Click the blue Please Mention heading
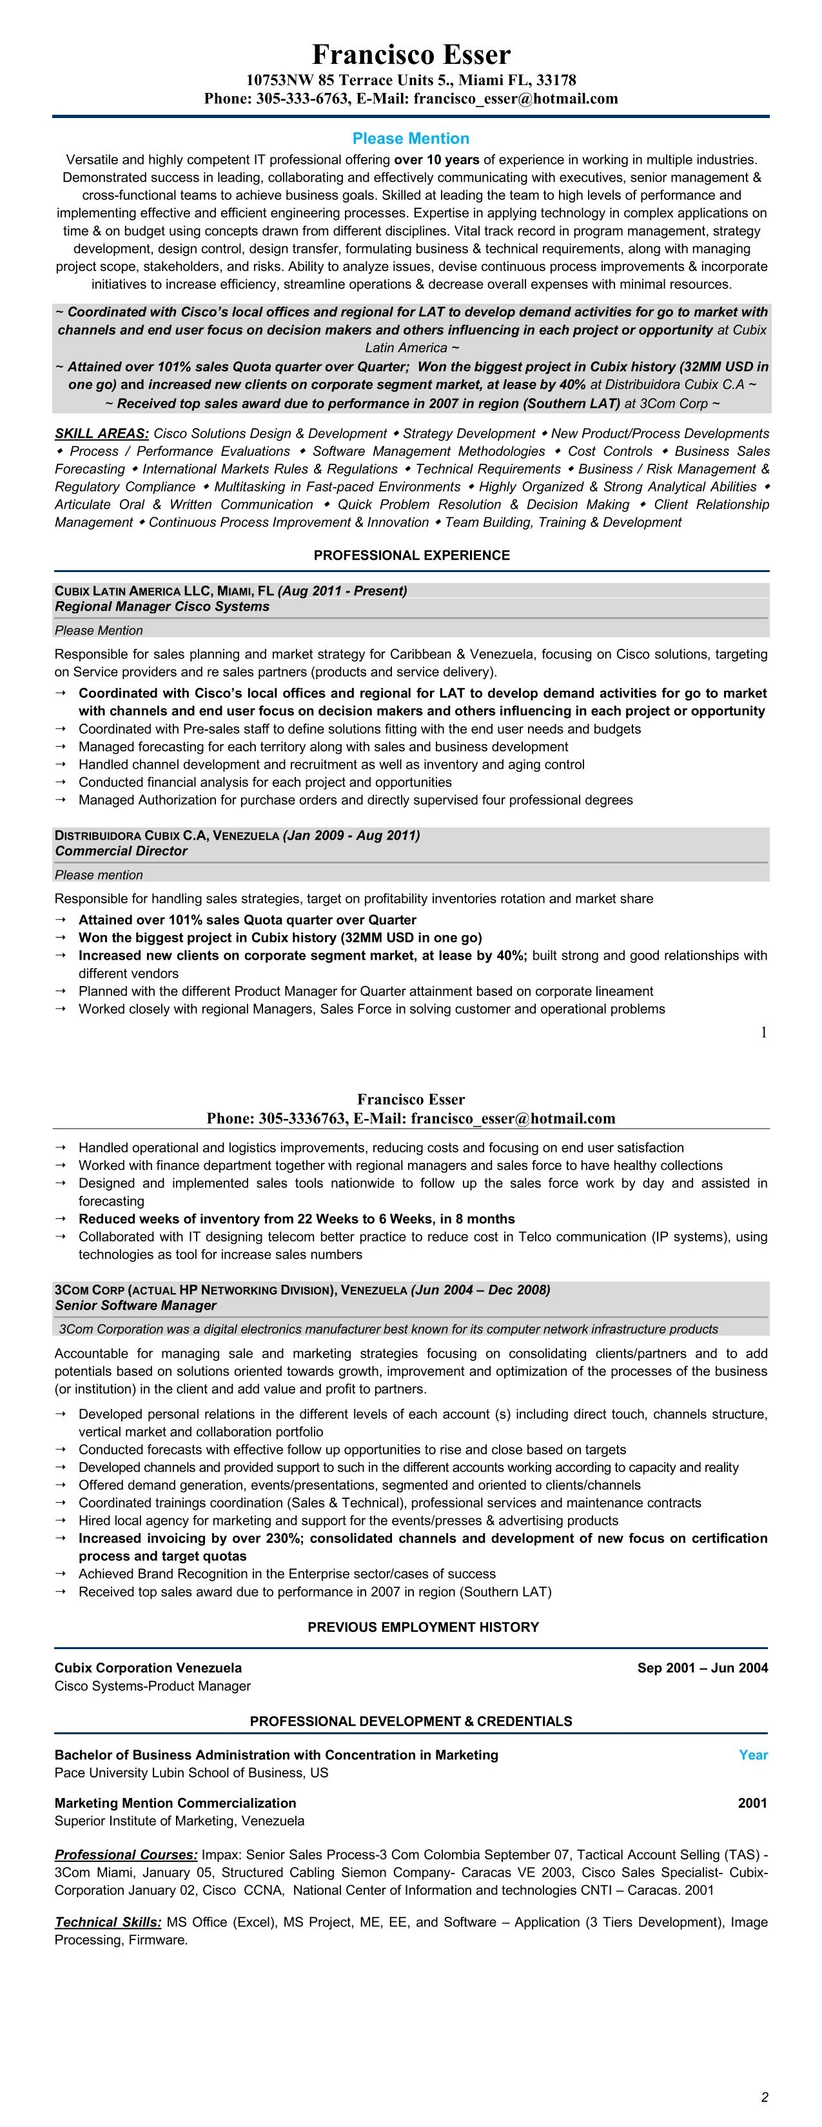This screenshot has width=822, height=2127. coord(410,139)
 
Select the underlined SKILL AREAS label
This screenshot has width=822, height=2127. coord(101,433)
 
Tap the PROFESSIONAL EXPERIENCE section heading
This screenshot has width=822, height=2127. coord(411,556)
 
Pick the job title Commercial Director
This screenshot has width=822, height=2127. coord(121,851)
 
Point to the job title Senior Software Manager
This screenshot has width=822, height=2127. coord(135,1305)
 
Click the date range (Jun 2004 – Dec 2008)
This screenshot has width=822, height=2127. coord(480,1290)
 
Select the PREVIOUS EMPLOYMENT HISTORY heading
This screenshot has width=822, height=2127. coord(422,1627)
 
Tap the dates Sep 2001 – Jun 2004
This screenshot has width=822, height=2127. coord(701,1668)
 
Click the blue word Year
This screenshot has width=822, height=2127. coord(752,1755)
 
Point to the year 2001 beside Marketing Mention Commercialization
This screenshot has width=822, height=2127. coord(752,1803)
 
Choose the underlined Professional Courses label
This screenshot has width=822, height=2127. coord(126,1855)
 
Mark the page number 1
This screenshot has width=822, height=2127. coord(763,1032)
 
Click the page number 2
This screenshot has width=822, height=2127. coord(764,2097)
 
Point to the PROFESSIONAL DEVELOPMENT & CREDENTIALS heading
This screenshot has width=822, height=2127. coord(410,1721)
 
